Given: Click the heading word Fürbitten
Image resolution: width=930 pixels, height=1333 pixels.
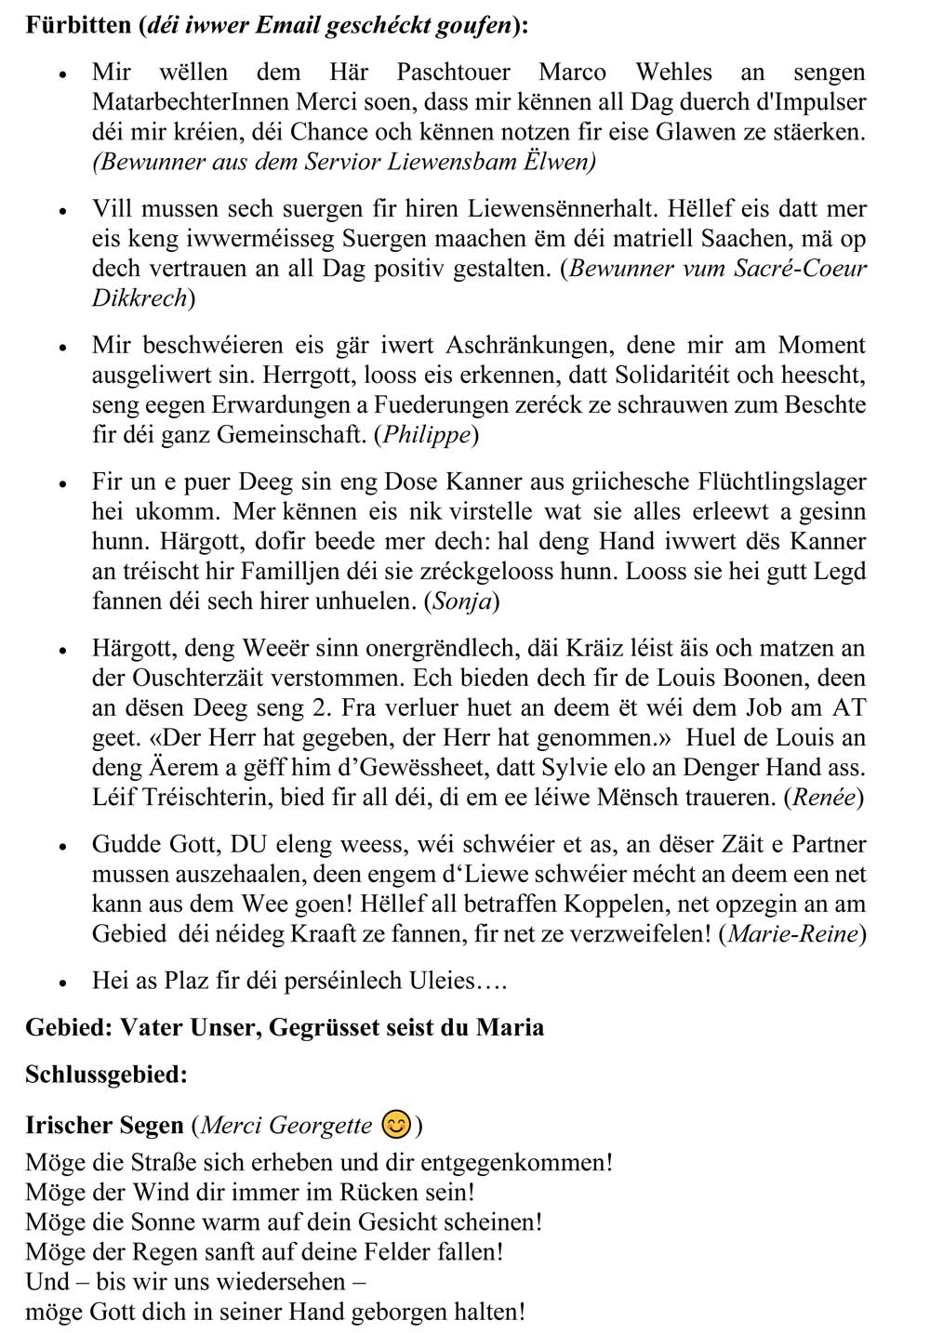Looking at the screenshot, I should [x=78, y=25].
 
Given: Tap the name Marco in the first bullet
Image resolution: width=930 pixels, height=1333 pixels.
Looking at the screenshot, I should [x=572, y=73].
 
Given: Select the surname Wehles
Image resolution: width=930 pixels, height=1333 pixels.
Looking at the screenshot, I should [x=673, y=73].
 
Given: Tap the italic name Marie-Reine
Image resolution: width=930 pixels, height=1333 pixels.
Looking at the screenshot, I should [x=792, y=933].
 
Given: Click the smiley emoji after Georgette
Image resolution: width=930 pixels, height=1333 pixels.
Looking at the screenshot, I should [x=396, y=1125].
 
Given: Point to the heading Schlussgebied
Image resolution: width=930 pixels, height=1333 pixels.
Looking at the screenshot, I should [x=106, y=1075].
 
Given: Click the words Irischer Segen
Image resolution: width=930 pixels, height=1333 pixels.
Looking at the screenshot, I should [x=104, y=1126].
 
